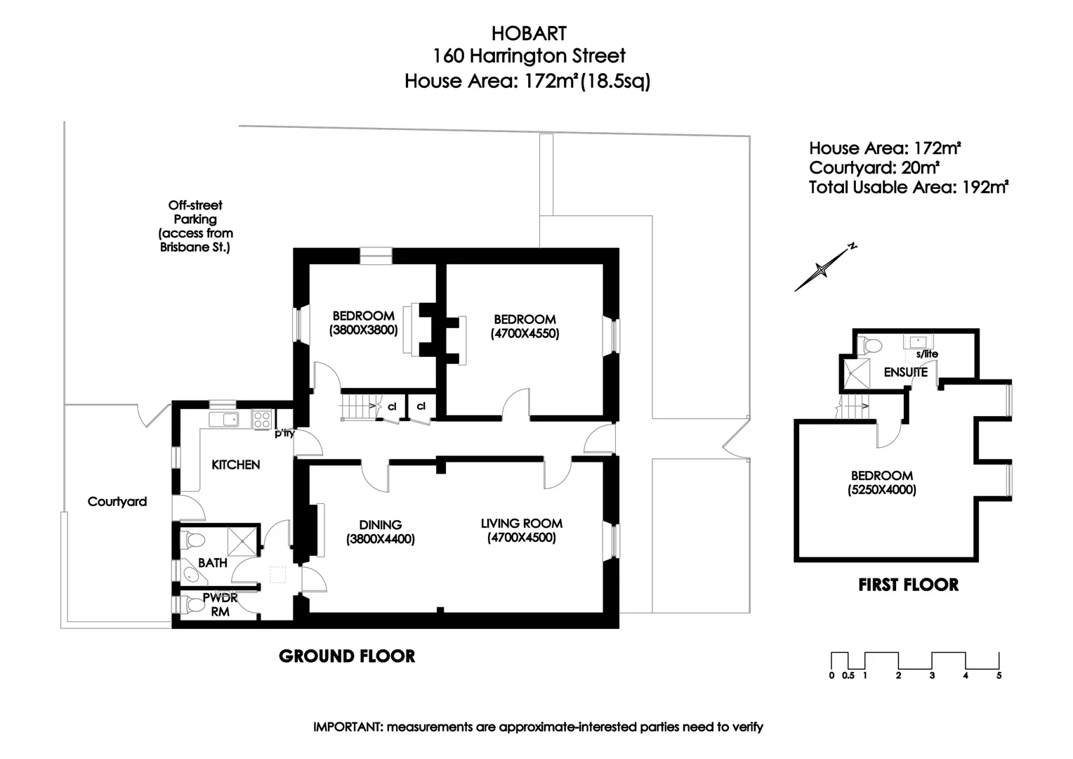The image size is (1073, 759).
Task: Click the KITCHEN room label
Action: click(x=236, y=465)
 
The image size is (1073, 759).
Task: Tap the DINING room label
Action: click(x=380, y=524)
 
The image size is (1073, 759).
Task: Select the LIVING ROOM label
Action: click(x=521, y=523)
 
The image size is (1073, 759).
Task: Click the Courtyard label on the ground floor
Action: click(x=117, y=502)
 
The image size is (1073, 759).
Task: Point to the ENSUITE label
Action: click(x=905, y=372)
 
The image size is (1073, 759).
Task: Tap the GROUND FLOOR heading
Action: click(x=347, y=656)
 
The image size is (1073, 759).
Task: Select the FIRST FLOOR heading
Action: click(x=908, y=585)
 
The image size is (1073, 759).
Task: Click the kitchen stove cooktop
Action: click(x=262, y=420)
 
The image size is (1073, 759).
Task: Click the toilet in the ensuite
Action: click(x=871, y=346)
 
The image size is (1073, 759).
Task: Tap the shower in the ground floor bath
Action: click(x=243, y=540)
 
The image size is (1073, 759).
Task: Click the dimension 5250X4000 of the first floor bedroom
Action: click(x=881, y=490)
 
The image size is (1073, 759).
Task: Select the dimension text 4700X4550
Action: click(x=525, y=334)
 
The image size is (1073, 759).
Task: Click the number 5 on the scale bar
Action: click(x=999, y=675)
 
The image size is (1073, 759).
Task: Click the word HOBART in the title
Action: click(x=528, y=33)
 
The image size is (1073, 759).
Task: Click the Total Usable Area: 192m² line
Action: click(x=909, y=188)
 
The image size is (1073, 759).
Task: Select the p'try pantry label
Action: click(x=284, y=434)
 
